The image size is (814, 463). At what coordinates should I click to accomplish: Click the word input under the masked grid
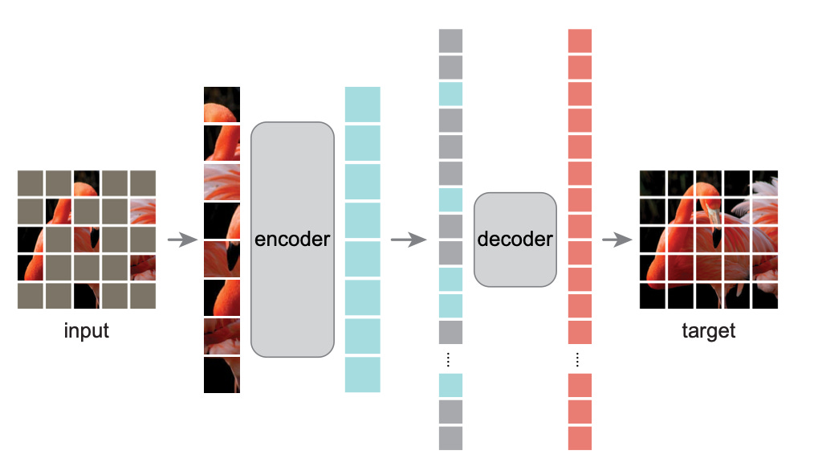pos(86,330)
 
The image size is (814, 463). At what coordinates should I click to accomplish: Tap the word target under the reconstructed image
pos(708,330)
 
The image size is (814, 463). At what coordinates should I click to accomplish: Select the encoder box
pos(292,239)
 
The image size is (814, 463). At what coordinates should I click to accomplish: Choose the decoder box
pos(515,239)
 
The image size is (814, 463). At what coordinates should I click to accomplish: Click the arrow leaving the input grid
pos(182,240)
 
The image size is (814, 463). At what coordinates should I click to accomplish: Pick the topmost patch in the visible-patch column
pos(222,104)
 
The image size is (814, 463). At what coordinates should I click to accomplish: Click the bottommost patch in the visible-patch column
pos(222,375)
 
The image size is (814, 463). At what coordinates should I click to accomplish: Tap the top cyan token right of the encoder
pos(362,104)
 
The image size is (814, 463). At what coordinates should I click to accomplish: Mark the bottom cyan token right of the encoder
pos(362,375)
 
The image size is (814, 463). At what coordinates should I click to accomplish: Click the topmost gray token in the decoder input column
pos(451,41)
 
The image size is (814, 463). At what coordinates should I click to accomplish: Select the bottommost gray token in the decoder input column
pos(451,438)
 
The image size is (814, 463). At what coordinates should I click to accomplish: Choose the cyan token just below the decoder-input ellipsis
pos(451,385)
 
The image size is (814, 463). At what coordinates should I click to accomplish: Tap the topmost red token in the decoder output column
pos(580,41)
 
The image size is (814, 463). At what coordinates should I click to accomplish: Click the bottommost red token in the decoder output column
pos(580,438)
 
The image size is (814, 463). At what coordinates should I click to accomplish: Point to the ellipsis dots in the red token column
pos(580,359)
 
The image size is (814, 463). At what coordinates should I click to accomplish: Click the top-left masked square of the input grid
pos(30,182)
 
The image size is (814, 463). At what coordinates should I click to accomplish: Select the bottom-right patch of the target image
pos(763,295)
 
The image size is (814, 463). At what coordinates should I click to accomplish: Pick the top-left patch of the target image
pos(652,182)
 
